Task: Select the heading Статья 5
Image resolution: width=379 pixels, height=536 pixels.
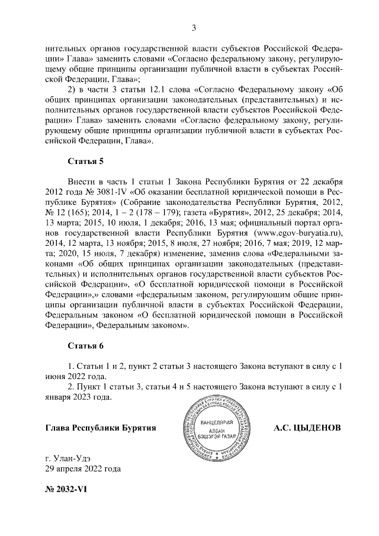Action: (86, 161)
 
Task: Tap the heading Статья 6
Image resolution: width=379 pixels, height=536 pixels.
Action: (86, 346)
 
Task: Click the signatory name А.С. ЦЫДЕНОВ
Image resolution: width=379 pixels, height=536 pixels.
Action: (308, 428)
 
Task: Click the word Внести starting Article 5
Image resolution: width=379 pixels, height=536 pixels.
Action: (82, 179)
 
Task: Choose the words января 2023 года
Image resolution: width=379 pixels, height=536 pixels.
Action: (79, 397)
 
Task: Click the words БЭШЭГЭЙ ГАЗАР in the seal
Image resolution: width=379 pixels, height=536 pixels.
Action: (217, 436)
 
